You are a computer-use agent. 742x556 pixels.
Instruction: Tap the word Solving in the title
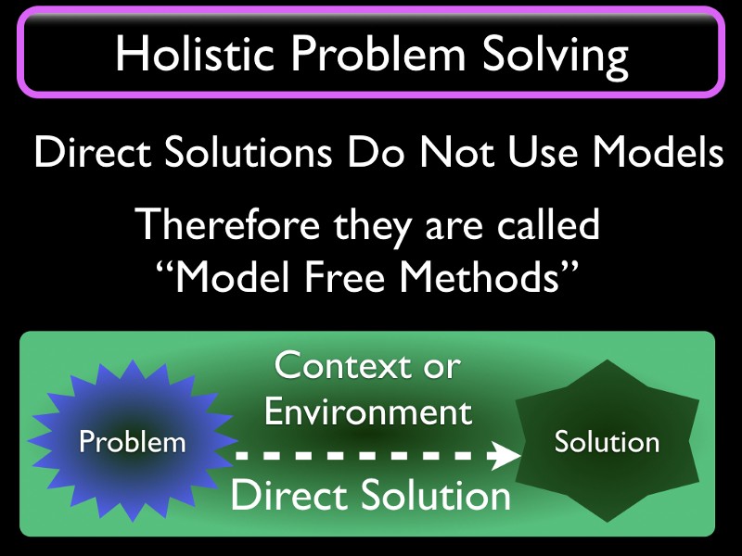(555, 57)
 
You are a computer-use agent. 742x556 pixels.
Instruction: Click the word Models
(658, 152)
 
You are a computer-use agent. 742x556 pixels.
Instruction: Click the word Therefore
(227, 224)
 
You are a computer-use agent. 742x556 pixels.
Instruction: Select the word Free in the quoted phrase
(344, 276)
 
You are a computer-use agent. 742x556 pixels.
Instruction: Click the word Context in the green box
(342, 365)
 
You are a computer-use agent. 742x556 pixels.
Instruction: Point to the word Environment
(367, 411)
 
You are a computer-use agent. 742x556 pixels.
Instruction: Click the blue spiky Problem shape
(133, 441)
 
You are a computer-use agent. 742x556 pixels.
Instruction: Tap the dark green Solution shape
(608, 441)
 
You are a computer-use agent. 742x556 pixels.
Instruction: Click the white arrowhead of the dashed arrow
(505, 456)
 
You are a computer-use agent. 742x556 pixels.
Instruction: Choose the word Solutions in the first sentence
(249, 152)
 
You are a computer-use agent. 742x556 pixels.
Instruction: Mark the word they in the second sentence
(373, 227)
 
